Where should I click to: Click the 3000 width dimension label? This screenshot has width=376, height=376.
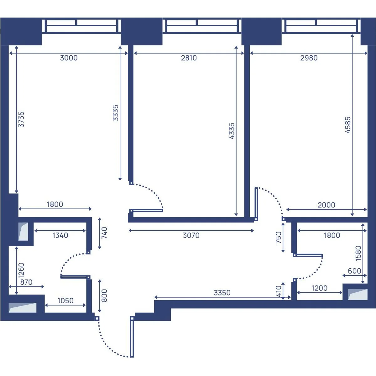point(69,58)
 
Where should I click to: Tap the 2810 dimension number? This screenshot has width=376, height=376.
point(189,58)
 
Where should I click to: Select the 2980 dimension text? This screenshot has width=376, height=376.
point(309,58)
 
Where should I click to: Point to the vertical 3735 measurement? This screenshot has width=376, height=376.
point(21,119)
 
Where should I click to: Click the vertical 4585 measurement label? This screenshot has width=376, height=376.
point(348,125)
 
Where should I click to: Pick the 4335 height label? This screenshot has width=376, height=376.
point(232,131)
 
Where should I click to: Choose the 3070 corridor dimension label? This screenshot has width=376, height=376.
point(191,235)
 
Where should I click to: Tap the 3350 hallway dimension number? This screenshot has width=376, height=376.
point(222,293)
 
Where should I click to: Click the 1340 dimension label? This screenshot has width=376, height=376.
point(60,235)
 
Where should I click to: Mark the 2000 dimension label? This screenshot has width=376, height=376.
point(326,205)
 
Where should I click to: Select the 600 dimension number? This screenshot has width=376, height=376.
point(354,271)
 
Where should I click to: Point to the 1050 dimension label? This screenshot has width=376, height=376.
point(65,301)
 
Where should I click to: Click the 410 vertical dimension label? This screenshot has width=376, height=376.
point(279,291)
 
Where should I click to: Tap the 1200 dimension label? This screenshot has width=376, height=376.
point(319,288)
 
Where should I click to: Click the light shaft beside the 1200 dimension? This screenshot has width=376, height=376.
point(358,295)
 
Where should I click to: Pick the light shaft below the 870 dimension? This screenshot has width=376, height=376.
point(23,308)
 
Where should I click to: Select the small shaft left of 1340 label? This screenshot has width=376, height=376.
point(23,232)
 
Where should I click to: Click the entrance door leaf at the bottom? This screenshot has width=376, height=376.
point(132,337)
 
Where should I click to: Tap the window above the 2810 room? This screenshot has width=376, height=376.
point(202,26)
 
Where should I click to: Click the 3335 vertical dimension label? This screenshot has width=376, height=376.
point(116,113)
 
